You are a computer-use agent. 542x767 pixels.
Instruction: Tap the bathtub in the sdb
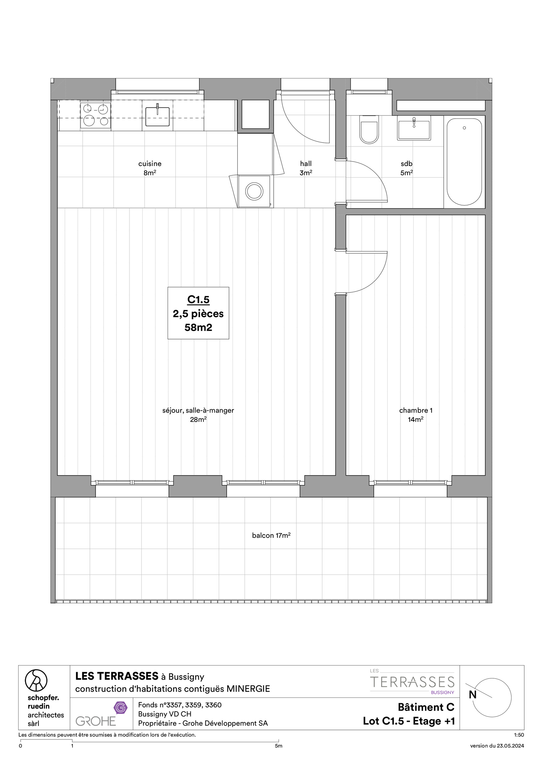pyautogui.click(x=464, y=162)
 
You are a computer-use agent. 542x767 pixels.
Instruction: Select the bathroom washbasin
pyautogui.click(x=414, y=128)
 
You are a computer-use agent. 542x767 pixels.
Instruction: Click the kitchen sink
pyautogui.click(x=158, y=116)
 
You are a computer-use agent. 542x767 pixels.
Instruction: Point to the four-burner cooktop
pyautogui.click(x=96, y=116)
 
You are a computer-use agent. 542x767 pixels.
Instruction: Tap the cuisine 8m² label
pyautogui.click(x=150, y=168)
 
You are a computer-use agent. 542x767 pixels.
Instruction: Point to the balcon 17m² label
pyautogui.click(x=271, y=535)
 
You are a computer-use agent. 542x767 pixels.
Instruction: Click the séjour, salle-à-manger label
pyautogui.click(x=198, y=410)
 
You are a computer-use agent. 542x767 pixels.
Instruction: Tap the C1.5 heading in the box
pyautogui.click(x=198, y=300)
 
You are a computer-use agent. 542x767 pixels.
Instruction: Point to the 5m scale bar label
pyautogui.click(x=278, y=746)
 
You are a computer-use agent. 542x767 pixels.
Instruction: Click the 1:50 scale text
pyautogui.click(x=519, y=735)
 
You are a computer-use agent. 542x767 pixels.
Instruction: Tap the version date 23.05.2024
pyautogui.click(x=497, y=746)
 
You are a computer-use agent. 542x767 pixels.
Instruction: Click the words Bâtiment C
pyautogui.click(x=426, y=707)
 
